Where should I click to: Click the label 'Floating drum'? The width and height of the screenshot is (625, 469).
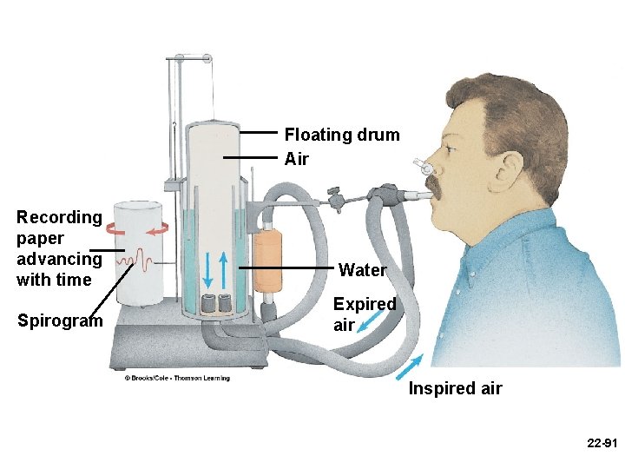point(342,135)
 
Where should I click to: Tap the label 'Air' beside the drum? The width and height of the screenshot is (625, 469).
point(296,159)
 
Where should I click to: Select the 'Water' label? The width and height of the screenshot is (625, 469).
point(362,270)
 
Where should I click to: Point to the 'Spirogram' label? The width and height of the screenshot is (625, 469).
point(60,320)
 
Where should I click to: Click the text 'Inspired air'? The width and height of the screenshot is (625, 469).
point(455,388)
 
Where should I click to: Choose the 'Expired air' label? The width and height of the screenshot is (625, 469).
point(365,314)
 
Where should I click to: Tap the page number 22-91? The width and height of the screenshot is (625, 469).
point(602,443)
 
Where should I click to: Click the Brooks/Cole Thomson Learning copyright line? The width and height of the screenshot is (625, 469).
point(177,378)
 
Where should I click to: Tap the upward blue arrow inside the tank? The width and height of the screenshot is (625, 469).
point(224,270)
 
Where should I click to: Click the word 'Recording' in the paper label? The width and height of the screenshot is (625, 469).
point(59,217)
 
